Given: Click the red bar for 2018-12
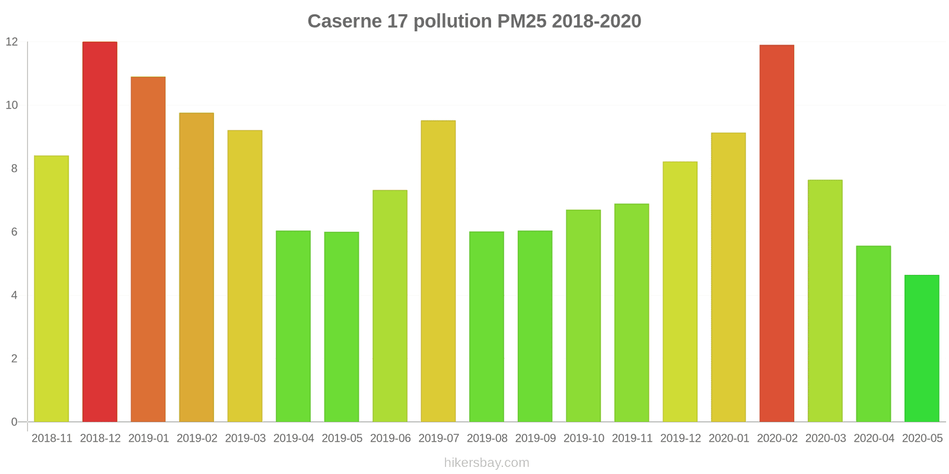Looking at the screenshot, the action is [x=100, y=232].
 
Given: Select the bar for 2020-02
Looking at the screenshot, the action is [x=777, y=233].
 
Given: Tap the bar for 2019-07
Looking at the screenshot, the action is [x=438, y=271].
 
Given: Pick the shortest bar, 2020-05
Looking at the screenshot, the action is [x=922, y=348].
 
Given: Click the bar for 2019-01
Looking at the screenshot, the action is [x=148, y=249].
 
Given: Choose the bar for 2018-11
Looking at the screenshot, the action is [x=52, y=289].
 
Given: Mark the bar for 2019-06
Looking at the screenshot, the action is [x=390, y=306].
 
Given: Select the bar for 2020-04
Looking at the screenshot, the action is [x=874, y=334].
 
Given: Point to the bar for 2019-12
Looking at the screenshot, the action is [x=680, y=292].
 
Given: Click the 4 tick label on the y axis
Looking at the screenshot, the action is [x=14, y=296].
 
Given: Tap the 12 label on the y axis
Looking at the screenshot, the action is [x=12, y=42].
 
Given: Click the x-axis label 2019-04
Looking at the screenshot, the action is [x=294, y=438].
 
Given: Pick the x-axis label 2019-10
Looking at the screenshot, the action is [x=584, y=438].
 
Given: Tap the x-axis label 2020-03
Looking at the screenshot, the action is [x=826, y=438].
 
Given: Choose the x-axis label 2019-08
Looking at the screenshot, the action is [x=487, y=438].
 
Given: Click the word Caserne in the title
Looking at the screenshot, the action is [x=345, y=21].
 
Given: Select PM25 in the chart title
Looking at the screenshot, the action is [x=522, y=21].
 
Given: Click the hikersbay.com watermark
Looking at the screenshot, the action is [x=487, y=463].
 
